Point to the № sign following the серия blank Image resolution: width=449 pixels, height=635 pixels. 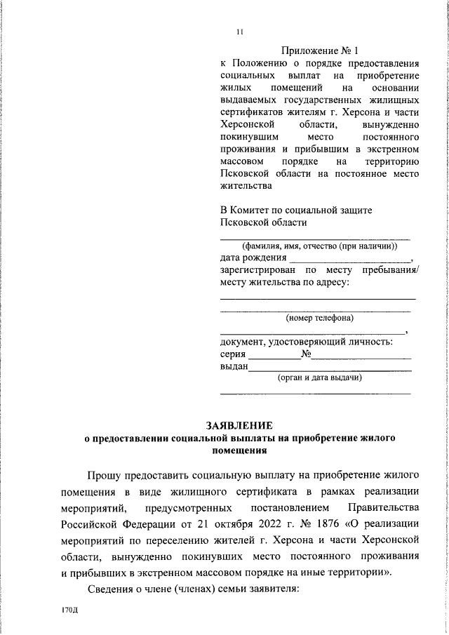(x=306, y=354)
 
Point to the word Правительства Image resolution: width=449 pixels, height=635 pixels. (x=384, y=507)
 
